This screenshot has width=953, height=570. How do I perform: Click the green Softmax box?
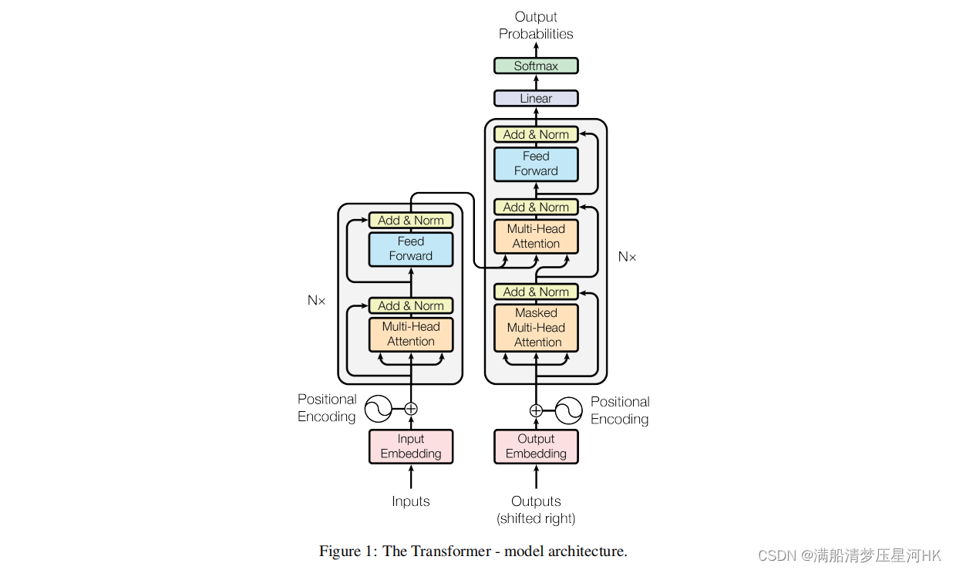(536, 66)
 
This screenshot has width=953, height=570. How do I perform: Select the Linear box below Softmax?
(536, 98)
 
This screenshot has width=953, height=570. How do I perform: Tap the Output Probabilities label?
(536, 25)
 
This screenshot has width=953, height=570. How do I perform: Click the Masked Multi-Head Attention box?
(536, 328)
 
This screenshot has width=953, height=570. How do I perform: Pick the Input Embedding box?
(411, 447)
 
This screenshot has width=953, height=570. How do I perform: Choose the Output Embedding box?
(536, 447)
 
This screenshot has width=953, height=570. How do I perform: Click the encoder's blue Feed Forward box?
(411, 249)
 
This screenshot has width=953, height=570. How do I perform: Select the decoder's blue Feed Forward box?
(536, 164)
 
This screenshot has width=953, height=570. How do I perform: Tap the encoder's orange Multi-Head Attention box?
(411, 334)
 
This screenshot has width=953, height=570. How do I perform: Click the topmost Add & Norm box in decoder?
(536, 134)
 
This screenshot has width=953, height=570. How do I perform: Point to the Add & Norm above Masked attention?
(536, 292)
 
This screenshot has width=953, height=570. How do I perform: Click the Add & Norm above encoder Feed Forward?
(411, 220)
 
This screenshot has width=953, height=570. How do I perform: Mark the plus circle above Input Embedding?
(411, 409)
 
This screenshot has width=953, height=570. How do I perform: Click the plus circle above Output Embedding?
(536, 410)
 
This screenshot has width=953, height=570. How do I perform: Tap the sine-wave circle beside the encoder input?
(379, 409)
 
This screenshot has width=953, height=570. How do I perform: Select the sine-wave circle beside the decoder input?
(568, 410)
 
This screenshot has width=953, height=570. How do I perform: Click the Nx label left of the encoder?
(316, 301)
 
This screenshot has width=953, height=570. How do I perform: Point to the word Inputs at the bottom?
(411, 501)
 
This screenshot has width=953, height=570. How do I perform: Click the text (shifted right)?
(536, 518)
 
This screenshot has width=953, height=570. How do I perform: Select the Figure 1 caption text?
(473, 551)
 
